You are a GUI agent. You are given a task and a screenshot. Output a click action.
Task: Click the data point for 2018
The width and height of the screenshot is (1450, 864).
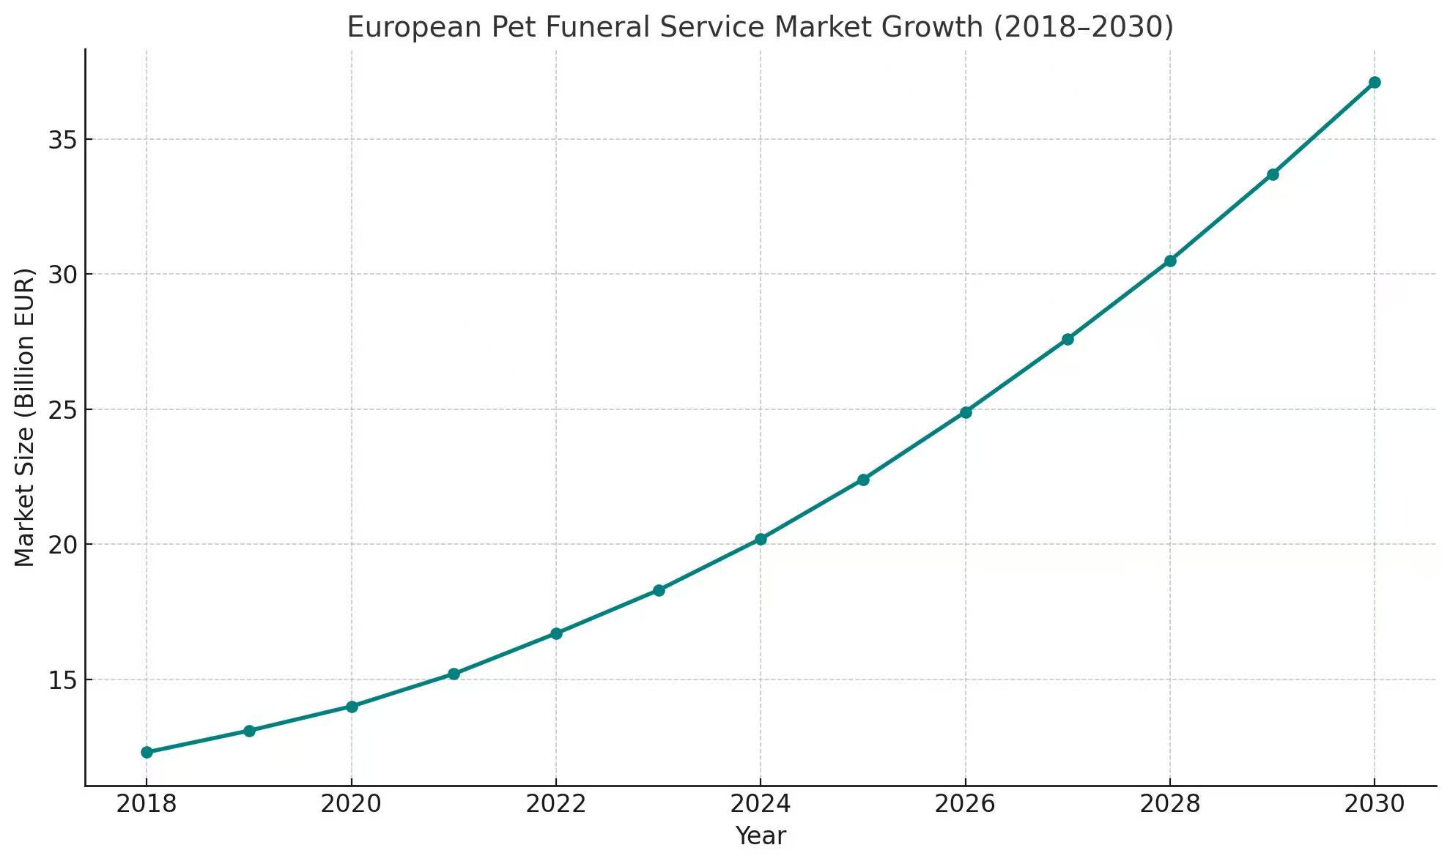147,752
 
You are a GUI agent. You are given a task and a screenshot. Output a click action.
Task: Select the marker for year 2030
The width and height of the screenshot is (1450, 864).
1375,82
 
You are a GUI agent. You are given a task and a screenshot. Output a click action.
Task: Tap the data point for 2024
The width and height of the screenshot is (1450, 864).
761,539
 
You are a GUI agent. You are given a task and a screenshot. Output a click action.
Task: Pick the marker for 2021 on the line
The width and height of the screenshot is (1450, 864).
454,674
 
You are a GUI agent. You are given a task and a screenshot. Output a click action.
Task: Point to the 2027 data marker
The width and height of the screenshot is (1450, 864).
1068,339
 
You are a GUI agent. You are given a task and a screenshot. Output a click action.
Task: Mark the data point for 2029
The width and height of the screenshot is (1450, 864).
1273,174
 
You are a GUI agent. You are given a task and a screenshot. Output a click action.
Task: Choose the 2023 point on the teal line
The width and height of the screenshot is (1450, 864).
659,590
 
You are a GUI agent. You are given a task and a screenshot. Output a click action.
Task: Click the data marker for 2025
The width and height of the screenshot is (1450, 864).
863,480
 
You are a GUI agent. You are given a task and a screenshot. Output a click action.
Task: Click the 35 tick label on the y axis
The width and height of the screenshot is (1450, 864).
62,140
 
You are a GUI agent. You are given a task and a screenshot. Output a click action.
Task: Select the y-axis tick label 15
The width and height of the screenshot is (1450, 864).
62,680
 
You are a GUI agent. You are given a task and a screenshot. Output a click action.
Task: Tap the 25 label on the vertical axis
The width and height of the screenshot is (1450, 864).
62,410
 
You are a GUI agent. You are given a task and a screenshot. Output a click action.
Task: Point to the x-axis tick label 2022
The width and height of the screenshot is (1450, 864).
556,805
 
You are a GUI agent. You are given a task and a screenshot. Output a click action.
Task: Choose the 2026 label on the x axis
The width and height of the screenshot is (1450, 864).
966,805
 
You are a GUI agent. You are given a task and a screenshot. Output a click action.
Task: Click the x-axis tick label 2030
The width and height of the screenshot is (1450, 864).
1375,805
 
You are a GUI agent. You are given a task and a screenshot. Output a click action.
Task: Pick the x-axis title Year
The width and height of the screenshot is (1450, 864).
761,836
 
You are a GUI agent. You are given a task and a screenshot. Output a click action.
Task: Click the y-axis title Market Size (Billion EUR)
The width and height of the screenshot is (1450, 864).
25,417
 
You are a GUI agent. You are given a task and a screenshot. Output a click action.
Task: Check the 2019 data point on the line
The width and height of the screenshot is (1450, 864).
249,731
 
